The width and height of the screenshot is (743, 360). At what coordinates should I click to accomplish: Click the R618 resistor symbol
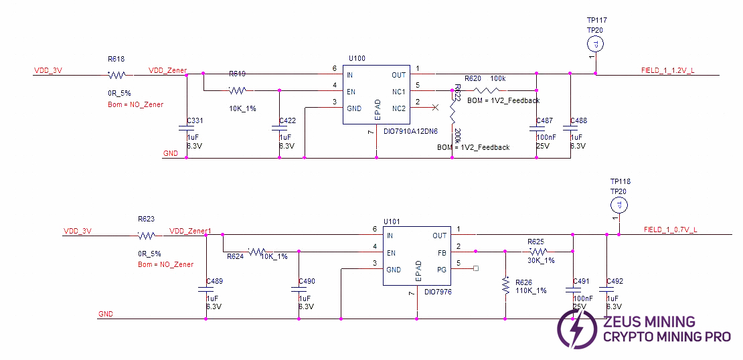[x=117, y=75]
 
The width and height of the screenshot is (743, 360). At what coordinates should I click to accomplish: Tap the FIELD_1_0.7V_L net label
[x=670, y=230]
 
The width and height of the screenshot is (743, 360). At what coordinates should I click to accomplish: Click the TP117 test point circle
[x=596, y=44]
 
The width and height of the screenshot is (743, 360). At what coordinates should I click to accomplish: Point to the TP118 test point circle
[x=620, y=204]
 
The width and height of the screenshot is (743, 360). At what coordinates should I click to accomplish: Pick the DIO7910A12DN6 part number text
[x=410, y=131]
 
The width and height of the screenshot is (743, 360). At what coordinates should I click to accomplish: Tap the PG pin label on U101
[x=442, y=269]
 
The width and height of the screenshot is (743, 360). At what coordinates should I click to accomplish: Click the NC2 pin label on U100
[x=398, y=108]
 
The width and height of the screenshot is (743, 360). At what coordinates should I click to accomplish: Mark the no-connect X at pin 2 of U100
[x=436, y=107]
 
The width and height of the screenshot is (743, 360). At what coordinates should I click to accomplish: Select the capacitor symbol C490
[x=299, y=289]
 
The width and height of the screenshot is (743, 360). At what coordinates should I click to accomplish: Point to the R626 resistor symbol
[x=505, y=286]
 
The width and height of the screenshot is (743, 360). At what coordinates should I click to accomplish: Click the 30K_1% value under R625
[x=540, y=260]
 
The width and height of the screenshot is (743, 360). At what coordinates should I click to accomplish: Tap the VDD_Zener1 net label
[x=190, y=231]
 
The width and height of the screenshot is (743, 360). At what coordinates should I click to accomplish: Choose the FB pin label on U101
[x=442, y=252]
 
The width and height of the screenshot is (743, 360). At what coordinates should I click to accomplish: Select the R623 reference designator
[x=146, y=219]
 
